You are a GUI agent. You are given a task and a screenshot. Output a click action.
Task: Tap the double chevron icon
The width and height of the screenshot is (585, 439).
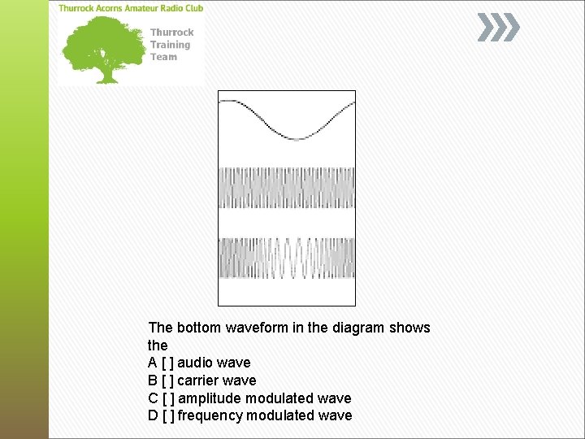click(x=497, y=28)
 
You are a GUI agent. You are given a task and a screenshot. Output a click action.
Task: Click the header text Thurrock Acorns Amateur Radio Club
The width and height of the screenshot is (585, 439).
click(x=131, y=8)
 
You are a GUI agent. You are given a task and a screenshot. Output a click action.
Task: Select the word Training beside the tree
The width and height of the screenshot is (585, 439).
click(x=170, y=45)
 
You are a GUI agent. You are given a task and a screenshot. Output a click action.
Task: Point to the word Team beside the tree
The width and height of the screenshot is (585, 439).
click(x=162, y=57)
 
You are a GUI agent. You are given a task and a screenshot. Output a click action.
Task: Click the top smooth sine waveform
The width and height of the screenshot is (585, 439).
click(x=287, y=119)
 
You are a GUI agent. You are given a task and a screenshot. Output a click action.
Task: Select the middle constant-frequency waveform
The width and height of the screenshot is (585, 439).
click(x=287, y=188)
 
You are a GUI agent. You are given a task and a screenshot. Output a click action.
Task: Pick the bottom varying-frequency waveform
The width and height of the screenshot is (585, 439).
click(x=287, y=259)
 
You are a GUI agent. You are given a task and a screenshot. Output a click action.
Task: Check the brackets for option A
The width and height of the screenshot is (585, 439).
click(x=167, y=363)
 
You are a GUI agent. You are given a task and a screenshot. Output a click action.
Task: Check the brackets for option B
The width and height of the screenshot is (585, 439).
click(x=167, y=380)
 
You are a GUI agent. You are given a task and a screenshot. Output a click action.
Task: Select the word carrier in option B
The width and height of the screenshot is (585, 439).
click(x=198, y=380)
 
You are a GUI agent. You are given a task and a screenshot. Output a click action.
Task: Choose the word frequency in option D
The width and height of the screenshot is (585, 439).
click(x=210, y=415)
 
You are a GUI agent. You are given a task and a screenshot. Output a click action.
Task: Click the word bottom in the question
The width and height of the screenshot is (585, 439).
click(x=197, y=328)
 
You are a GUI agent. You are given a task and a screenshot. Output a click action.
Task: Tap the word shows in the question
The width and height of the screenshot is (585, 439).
click(x=409, y=328)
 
